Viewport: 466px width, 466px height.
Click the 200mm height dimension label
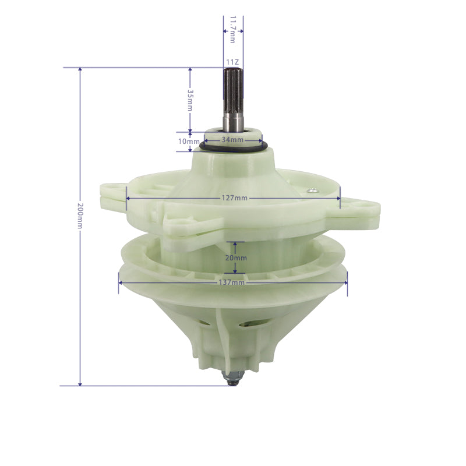click(x=80, y=216)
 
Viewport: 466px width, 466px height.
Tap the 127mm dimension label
click(x=235, y=198)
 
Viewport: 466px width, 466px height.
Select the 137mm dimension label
click(x=231, y=283)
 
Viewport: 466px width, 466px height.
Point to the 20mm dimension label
click(x=236, y=257)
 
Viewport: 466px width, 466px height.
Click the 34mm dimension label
click(x=232, y=140)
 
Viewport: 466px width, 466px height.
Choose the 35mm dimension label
click(x=190, y=100)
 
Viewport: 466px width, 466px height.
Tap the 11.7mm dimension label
click(x=232, y=30)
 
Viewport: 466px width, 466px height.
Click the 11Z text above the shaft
click(x=232, y=62)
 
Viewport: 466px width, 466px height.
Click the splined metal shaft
click(x=234, y=100)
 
